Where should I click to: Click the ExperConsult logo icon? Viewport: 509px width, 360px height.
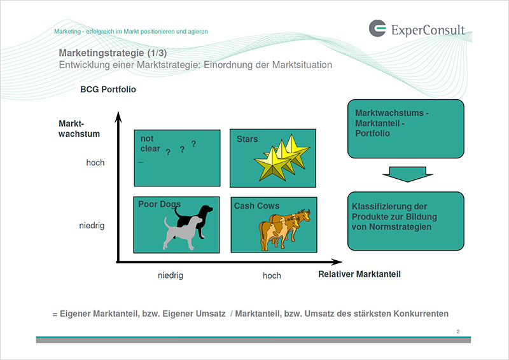[x=377, y=28]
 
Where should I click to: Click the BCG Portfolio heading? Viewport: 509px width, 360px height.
[x=108, y=89]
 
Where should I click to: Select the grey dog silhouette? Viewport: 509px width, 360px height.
[x=182, y=233]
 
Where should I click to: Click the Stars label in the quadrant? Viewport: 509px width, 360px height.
[x=247, y=139]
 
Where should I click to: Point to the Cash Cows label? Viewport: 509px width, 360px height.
[x=256, y=206]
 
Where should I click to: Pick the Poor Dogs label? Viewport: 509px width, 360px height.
[x=160, y=204]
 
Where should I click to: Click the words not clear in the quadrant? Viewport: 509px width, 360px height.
[x=150, y=144]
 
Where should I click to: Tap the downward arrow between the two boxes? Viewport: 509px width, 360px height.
[x=407, y=174]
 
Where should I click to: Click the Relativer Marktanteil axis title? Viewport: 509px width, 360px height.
[x=359, y=274]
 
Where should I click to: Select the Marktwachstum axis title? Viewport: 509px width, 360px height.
[x=79, y=128]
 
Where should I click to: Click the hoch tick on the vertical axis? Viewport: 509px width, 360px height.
[x=95, y=162]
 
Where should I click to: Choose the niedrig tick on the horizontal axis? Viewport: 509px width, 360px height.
[x=171, y=275]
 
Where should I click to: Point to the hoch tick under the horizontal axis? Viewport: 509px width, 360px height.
[x=272, y=275]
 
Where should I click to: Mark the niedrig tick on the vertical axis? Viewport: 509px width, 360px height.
[x=92, y=225]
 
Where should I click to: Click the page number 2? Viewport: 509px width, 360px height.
[x=458, y=331]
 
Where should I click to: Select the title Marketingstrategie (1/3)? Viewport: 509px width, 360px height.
[x=113, y=53]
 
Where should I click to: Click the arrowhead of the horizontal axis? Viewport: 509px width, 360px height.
[x=337, y=261]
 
